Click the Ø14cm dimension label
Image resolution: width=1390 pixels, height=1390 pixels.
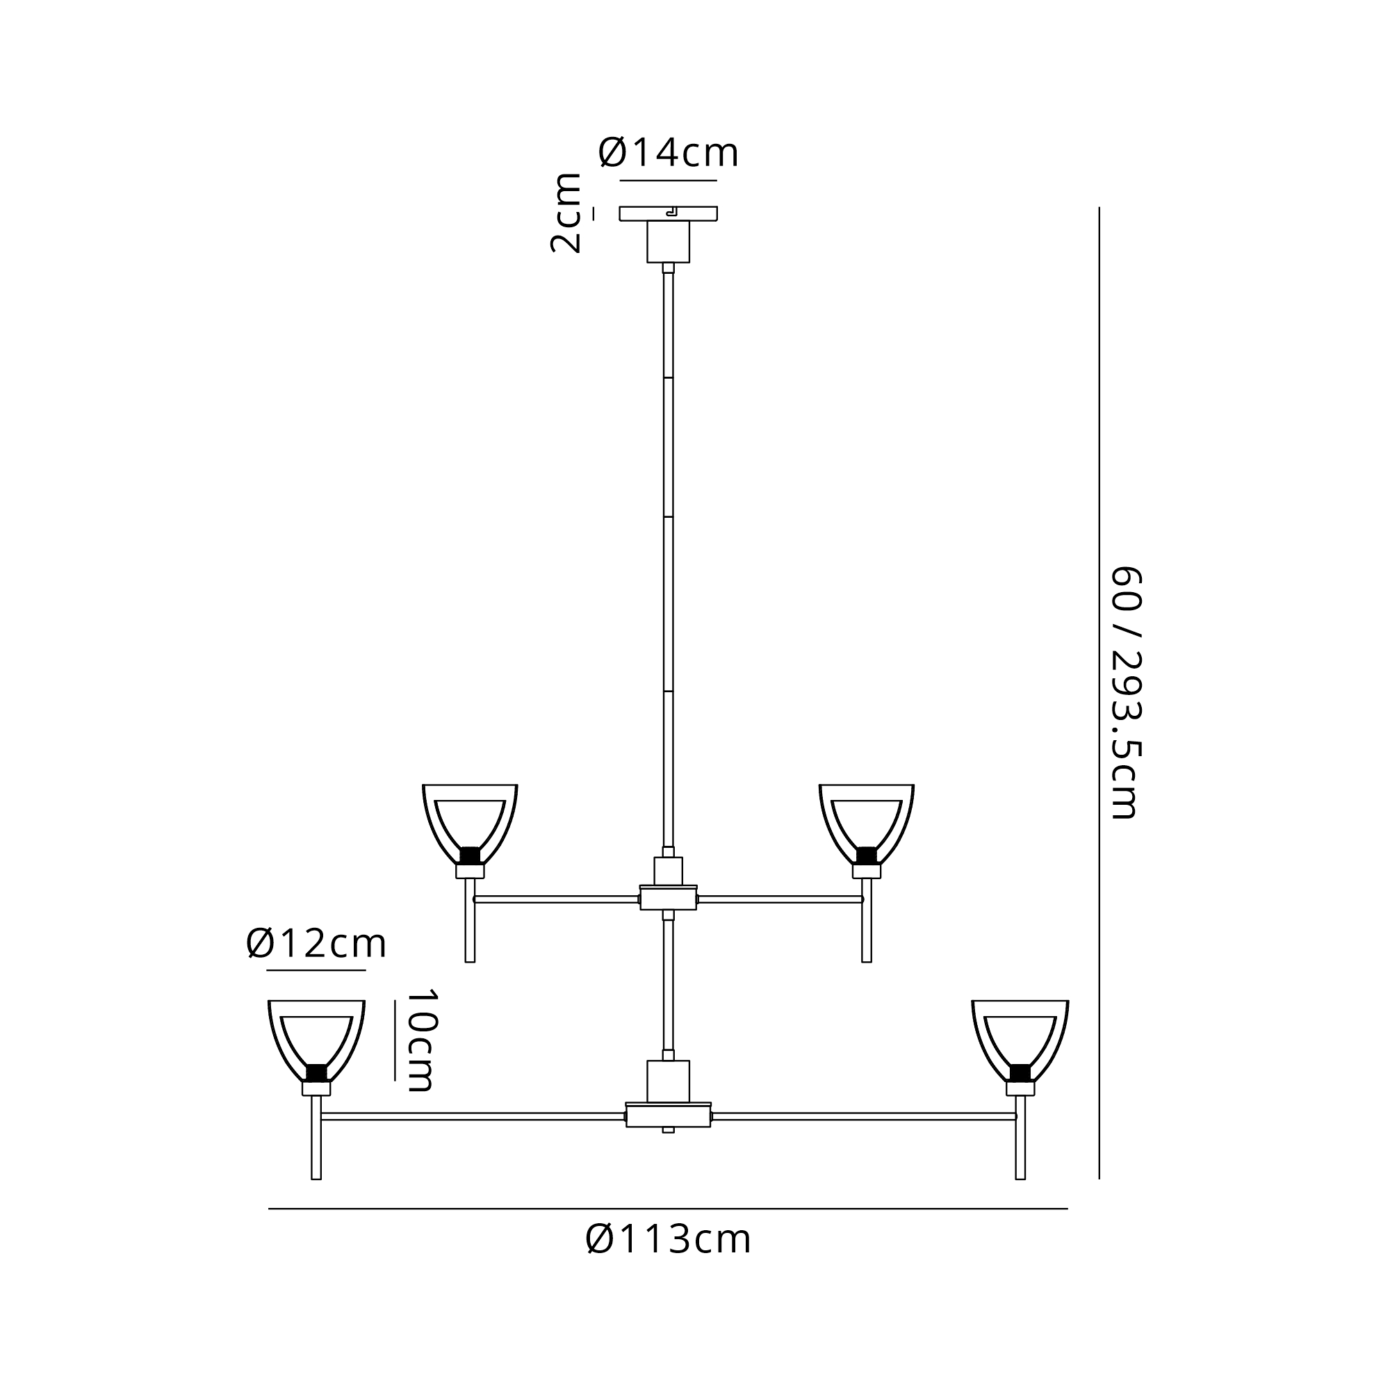(669, 153)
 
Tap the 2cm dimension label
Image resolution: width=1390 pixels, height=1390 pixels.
(566, 213)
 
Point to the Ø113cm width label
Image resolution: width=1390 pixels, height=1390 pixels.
(669, 1240)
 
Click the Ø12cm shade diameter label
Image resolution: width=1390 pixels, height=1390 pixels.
(316, 943)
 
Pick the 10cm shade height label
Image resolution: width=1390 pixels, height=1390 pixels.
(420, 1040)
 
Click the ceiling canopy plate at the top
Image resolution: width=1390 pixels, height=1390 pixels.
(669, 213)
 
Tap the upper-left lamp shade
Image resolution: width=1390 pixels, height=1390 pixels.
(470, 824)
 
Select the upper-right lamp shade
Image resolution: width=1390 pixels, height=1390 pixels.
(866, 824)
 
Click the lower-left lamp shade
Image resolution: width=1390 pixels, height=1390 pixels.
(316, 1040)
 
